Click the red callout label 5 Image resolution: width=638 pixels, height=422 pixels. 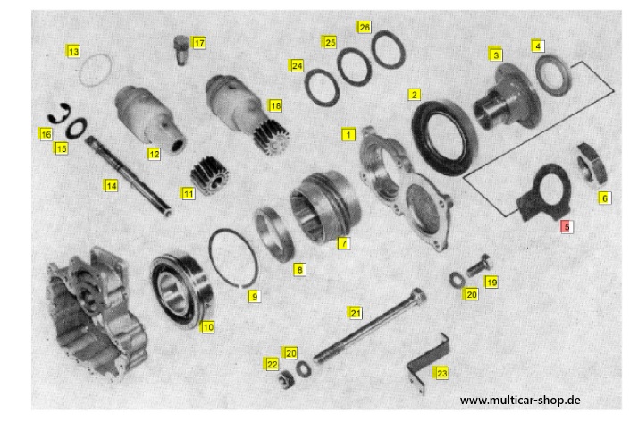click(x=567, y=227)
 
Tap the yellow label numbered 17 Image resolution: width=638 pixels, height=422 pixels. click(x=198, y=43)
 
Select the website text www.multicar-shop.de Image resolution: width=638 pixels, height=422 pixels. click(x=520, y=400)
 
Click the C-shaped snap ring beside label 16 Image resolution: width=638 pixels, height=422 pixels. click(x=57, y=114)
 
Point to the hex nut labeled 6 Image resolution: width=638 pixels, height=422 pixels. click(x=592, y=164)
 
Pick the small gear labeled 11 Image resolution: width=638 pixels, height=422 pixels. click(x=209, y=175)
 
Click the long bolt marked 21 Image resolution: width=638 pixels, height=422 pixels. click(x=369, y=325)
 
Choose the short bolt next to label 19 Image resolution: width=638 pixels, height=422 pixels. click(x=479, y=266)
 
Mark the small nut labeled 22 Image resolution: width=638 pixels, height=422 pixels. click(x=286, y=380)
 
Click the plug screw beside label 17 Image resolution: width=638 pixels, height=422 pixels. click(x=181, y=50)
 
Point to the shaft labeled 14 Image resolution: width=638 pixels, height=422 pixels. click(x=128, y=176)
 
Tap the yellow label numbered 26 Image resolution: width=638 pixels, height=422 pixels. click(x=364, y=27)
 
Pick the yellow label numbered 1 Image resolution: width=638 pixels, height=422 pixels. click(x=348, y=134)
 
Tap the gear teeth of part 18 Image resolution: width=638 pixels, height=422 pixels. click(x=272, y=137)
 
